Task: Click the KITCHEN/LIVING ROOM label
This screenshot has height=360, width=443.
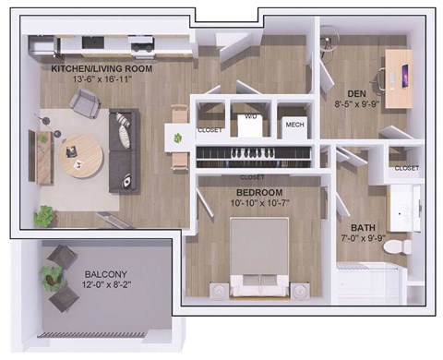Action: pos(102,68)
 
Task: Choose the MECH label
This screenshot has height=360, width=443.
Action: pos(294,125)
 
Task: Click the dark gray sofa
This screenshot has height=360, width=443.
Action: pos(125,150)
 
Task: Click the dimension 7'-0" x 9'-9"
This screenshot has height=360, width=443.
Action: pos(360,239)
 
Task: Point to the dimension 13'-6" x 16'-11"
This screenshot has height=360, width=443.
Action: pos(102,79)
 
